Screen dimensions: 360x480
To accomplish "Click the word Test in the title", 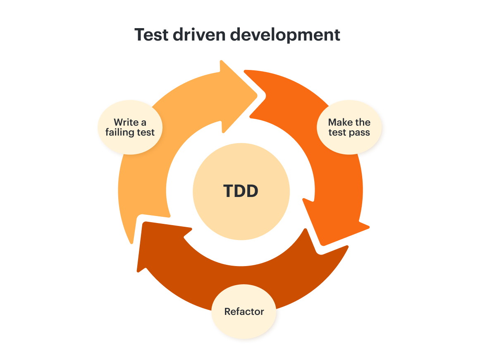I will [151, 35].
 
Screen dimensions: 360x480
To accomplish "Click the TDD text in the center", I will [241, 191].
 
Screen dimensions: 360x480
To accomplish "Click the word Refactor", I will [244, 312].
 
